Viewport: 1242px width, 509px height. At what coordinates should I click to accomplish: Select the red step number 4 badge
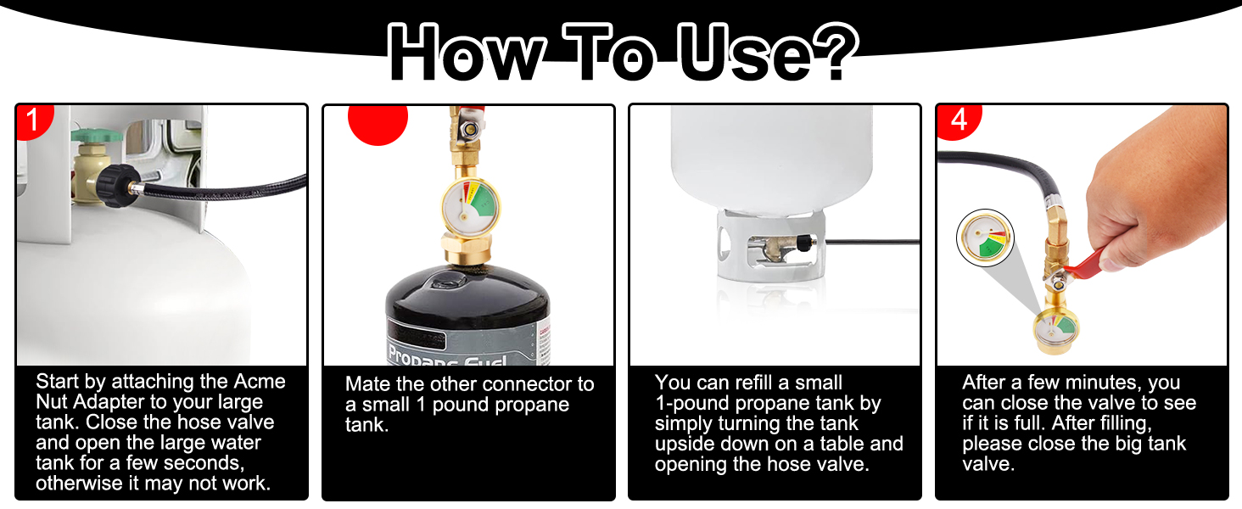(x=958, y=120)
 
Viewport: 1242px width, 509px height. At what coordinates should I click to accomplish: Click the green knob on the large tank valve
(x=88, y=133)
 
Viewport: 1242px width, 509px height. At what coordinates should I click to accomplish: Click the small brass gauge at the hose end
(x=1054, y=327)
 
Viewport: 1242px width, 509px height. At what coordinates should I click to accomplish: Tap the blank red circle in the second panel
(x=378, y=120)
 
